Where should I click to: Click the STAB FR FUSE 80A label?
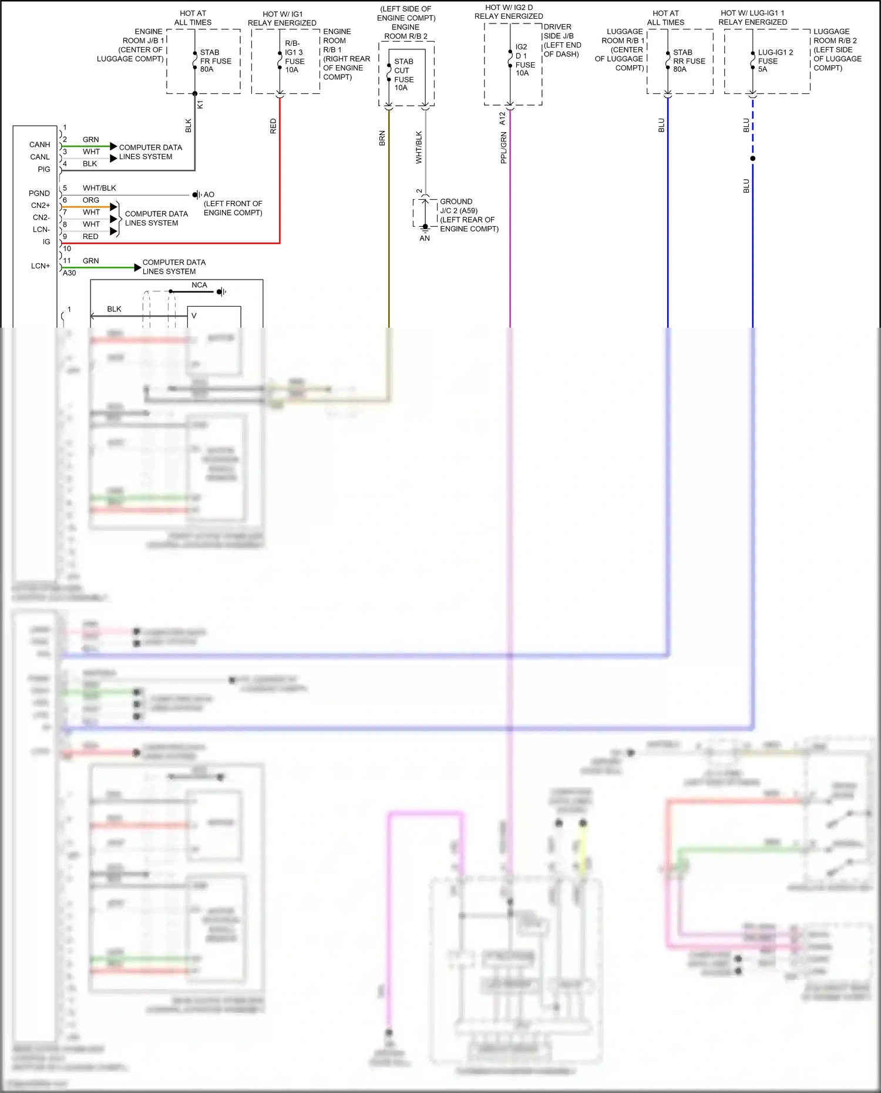[x=216, y=60]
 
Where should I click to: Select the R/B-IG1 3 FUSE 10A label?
[x=294, y=56]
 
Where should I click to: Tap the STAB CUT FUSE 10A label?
[x=403, y=75]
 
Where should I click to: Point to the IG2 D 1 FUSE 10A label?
[x=524, y=60]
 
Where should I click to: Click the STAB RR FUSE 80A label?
[x=689, y=60]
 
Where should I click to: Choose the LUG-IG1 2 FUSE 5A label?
[x=775, y=60]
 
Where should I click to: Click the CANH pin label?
[x=39, y=144]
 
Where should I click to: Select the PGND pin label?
[x=39, y=193]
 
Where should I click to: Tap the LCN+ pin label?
[x=41, y=266]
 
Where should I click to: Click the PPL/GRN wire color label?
[x=503, y=147]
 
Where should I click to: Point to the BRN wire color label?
[x=382, y=139]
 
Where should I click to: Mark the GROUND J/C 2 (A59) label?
[x=468, y=215]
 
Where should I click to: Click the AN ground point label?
[x=425, y=238]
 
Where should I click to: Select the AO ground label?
[x=209, y=194]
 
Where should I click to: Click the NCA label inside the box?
[x=199, y=285]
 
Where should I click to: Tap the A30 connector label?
[x=69, y=273]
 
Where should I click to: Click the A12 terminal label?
[x=502, y=118]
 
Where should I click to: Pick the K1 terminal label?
[x=200, y=105]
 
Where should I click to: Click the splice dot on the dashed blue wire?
[x=752, y=159]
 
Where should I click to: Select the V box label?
[x=194, y=316]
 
